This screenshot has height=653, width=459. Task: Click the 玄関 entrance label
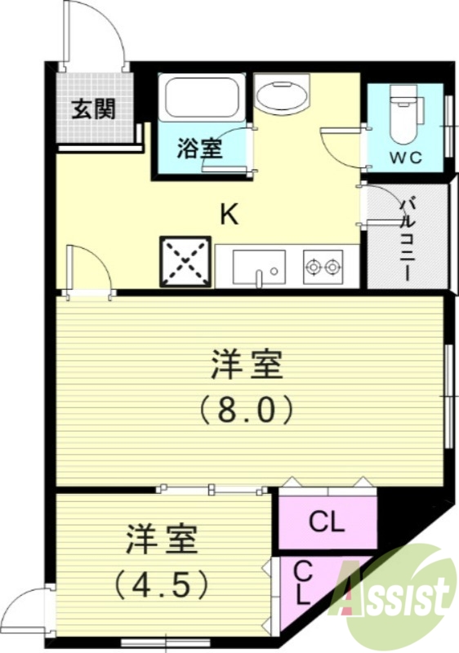pyautogui.click(x=91, y=109)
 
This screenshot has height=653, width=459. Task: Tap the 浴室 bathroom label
pyautogui.click(x=199, y=149)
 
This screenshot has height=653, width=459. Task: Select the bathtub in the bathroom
pyautogui.click(x=201, y=98)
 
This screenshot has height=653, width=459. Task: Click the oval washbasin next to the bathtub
pyautogui.click(x=280, y=96)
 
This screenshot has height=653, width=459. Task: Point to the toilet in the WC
pyautogui.click(x=404, y=113)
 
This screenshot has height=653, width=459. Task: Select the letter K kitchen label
pyautogui.click(x=229, y=215)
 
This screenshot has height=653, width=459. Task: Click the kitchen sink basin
pyautogui.click(x=258, y=265)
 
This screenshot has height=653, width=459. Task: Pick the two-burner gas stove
pyautogui.click(x=323, y=266)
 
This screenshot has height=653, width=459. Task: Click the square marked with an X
pyautogui.click(x=185, y=262)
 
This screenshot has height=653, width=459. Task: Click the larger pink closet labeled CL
pyautogui.click(x=327, y=521)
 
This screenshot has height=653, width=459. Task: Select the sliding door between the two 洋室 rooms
pyautogui.click(x=212, y=490)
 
